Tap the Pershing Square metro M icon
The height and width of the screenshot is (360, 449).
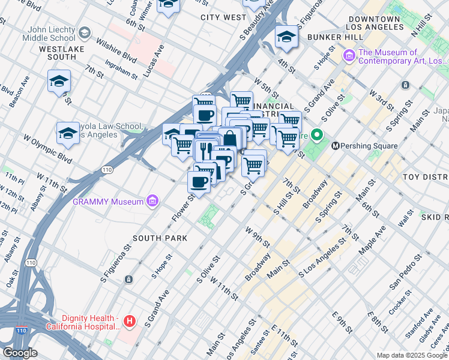click(336, 146)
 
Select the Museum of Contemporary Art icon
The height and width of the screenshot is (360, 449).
click(349, 56)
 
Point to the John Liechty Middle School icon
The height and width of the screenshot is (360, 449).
click(85, 32)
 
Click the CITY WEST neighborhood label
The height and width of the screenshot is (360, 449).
click(223, 17)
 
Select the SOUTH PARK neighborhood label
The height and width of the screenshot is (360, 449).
click(160, 238)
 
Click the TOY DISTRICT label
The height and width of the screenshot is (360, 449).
click(426, 177)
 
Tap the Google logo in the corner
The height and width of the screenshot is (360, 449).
click(20, 353)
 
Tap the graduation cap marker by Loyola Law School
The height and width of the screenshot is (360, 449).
click(68, 134)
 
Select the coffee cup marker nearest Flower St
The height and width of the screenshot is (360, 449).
click(199, 182)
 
